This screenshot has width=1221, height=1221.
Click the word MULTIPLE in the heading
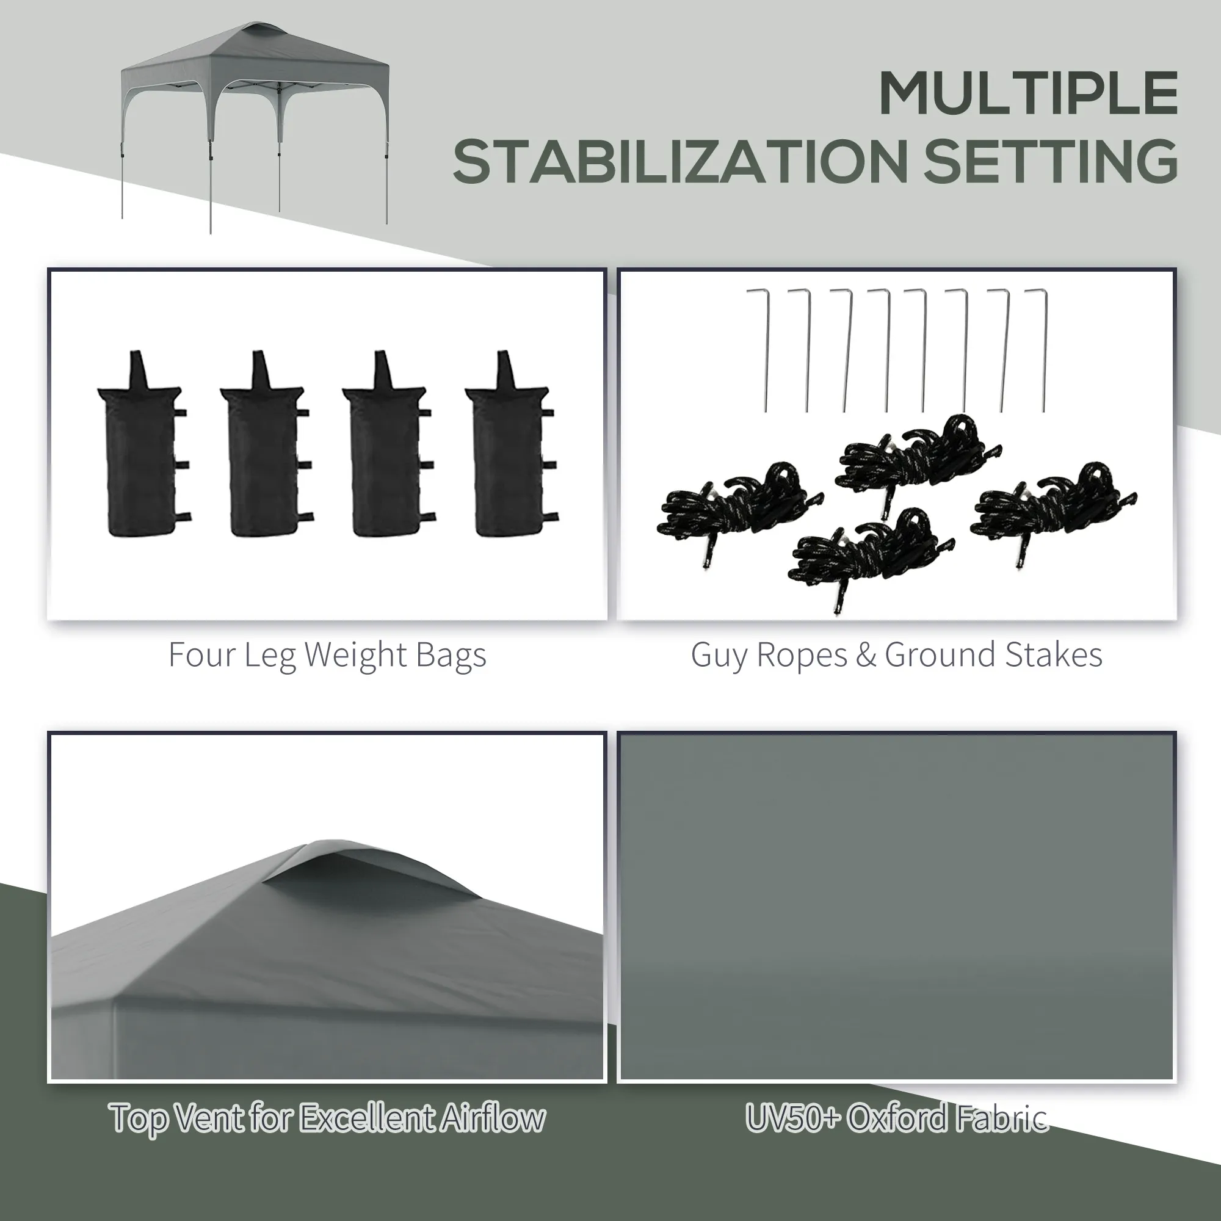[1028, 93]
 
